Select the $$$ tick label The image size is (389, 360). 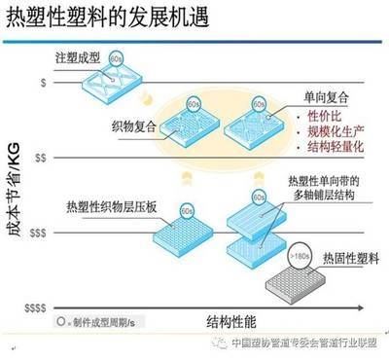click(x=40, y=234)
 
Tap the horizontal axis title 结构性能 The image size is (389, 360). click(x=232, y=320)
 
